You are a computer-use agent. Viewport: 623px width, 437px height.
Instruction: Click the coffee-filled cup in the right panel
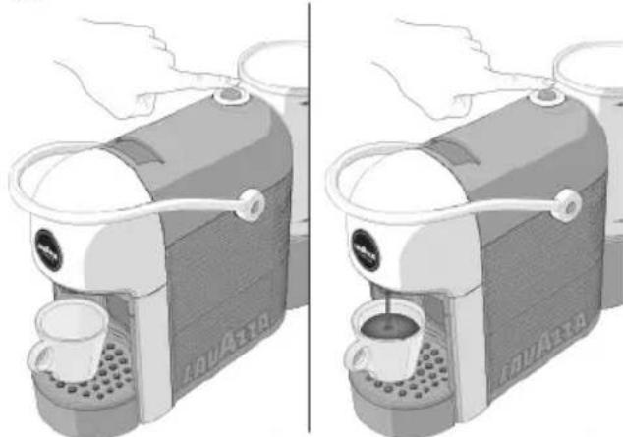point(388,338)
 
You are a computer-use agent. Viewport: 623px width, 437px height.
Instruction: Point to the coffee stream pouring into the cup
point(391,304)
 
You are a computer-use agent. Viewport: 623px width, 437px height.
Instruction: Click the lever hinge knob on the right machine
point(565,204)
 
